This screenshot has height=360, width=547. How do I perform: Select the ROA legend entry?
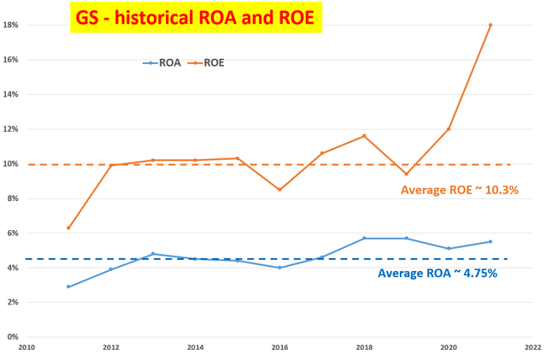tap(163, 62)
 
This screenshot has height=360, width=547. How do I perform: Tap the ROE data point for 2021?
tap(491, 25)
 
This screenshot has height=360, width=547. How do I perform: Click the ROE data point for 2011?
tap(68, 227)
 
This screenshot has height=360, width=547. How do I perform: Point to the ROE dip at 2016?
tap(279, 190)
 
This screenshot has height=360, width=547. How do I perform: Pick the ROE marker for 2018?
tap(364, 136)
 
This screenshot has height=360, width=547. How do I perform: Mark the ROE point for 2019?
tap(406, 174)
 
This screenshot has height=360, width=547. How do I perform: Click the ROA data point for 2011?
tap(68, 286)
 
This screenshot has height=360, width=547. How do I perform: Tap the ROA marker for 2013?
tap(153, 254)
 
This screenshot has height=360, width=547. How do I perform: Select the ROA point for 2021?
tap(491, 241)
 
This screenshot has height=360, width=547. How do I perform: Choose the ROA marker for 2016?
tap(279, 268)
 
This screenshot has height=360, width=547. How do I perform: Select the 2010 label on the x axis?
tap(26, 348)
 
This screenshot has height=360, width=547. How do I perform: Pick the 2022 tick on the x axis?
tap(532, 348)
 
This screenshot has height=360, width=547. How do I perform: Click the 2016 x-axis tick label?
tap(279, 348)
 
